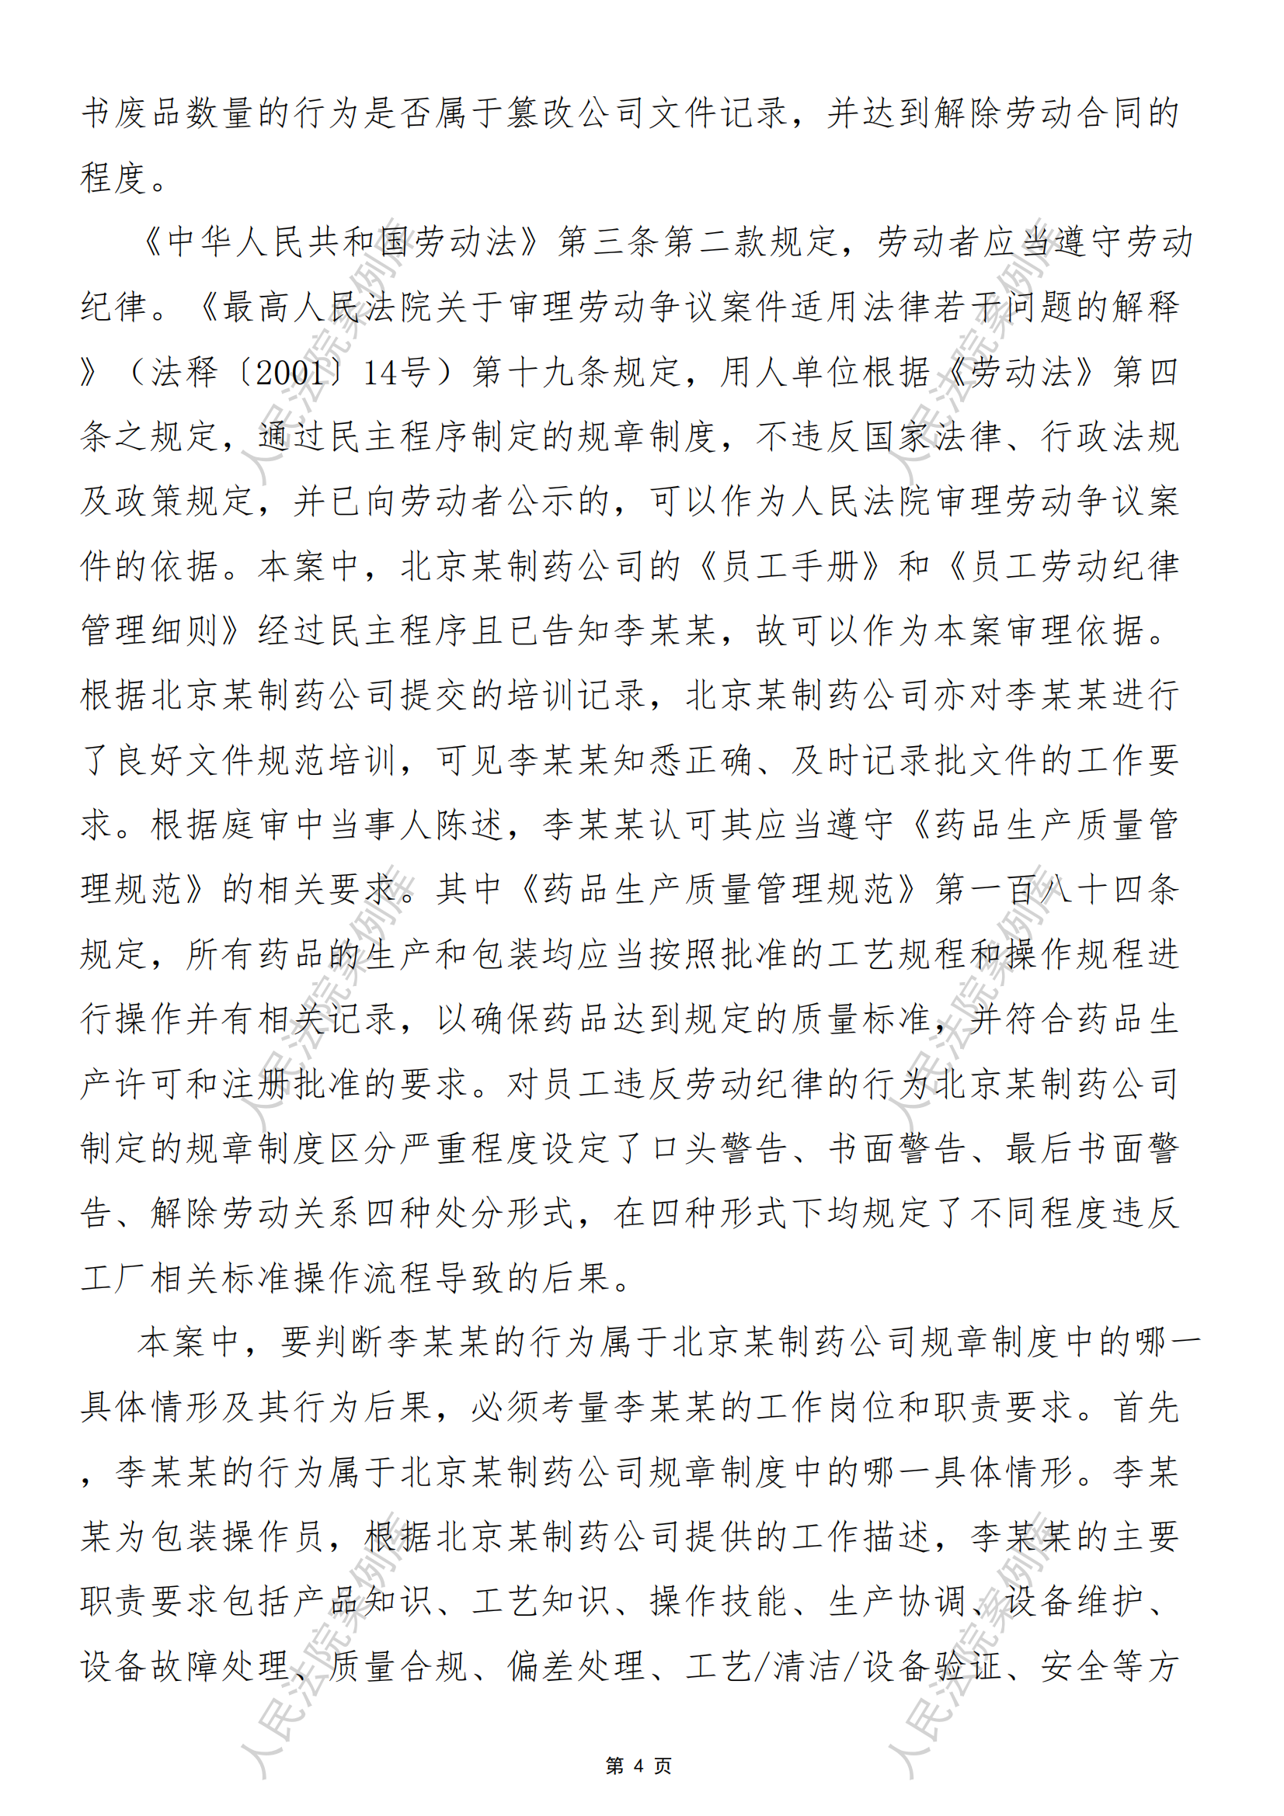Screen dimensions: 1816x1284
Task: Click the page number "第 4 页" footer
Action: pos(639,1766)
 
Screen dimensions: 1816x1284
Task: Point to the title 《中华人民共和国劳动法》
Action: pos(341,242)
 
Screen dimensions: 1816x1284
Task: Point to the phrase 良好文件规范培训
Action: pos(256,760)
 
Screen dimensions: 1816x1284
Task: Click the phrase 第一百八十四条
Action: pos(1057,890)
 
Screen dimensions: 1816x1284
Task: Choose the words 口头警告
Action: pos(719,1148)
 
